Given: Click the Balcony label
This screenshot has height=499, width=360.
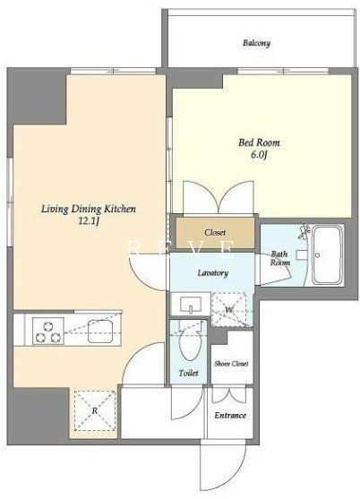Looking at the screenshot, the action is pyautogui.click(x=256, y=43).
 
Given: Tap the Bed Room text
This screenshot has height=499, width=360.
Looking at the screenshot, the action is pyautogui.click(x=259, y=142).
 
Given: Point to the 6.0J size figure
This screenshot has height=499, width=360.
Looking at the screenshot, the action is pyautogui.click(x=258, y=155).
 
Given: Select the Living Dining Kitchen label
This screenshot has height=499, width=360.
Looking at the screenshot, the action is pyautogui.click(x=89, y=209).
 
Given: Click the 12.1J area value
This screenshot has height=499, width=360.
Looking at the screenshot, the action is pyautogui.click(x=89, y=221).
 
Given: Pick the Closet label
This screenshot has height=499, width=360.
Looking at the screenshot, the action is pyautogui.click(x=215, y=233).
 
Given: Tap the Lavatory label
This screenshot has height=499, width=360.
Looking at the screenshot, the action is pyautogui.click(x=213, y=272).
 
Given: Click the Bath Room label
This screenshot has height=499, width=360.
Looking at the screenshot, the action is pyautogui.click(x=280, y=258).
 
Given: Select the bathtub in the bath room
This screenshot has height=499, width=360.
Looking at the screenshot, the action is pyautogui.click(x=327, y=255).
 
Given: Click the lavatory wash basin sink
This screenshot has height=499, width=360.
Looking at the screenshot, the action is pyautogui.click(x=191, y=305).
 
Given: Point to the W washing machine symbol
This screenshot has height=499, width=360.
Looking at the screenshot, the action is pyautogui.click(x=228, y=310).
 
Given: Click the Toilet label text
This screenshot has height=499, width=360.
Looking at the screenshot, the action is pyautogui.click(x=189, y=373).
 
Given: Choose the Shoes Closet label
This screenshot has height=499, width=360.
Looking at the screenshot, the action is pyautogui.click(x=231, y=364).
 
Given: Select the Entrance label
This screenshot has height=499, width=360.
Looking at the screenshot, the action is pyautogui.click(x=230, y=416).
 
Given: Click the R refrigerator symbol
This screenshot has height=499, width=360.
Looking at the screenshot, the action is pyautogui.click(x=94, y=411).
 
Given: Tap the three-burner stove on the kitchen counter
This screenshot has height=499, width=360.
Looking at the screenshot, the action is pyautogui.click(x=48, y=331).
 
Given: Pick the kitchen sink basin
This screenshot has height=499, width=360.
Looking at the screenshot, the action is pyautogui.click(x=100, y=331).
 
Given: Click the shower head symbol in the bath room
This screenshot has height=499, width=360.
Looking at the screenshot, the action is pyautogui.click(x=304, y=232).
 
